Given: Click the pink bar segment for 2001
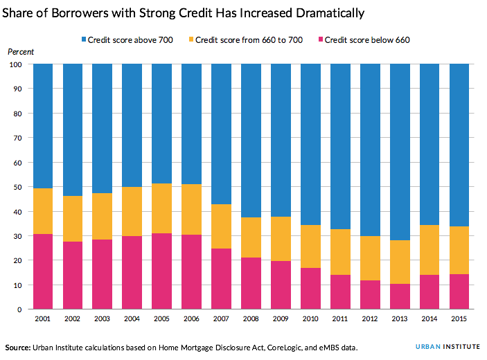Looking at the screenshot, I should click(x=43, y=271).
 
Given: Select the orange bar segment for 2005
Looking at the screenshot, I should click(x=161, y=208).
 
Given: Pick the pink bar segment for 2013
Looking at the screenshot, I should click(x=400, y=296).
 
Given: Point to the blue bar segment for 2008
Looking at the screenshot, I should click(x=251, y=141).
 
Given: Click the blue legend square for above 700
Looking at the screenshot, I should click(x=82, y=39).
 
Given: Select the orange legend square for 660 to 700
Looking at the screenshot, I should click(x=191, y=39).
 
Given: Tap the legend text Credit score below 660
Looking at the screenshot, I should click(x=366, y=39).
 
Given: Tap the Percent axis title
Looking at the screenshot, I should click(x=20, y=52).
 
